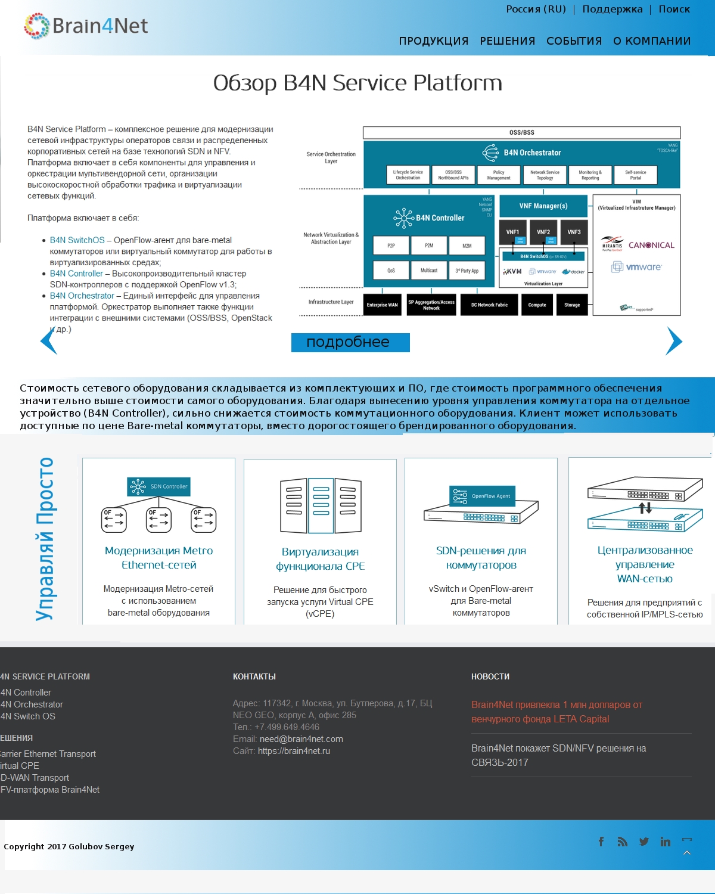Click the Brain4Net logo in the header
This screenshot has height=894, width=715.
point(86,26)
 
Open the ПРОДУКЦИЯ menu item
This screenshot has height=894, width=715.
point(433,41)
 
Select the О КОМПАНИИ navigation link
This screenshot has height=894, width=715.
point(652,41)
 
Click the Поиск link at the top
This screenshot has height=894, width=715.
point(674,10)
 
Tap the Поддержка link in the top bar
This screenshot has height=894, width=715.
point(612,10)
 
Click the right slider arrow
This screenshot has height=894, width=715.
point(674,341)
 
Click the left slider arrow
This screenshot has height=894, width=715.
point(48,341)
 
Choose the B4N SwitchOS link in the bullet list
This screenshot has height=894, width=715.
point(77,240)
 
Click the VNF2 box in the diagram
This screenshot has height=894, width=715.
point(543,232)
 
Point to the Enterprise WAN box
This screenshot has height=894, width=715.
point(382,305)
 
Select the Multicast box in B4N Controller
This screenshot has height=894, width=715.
point(429,271)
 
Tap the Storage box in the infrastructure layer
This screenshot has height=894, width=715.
point(572,305)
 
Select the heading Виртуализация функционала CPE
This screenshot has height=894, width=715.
point(320,559)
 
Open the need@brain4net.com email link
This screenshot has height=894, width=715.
point(301,739)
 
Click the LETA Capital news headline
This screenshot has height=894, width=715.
point(557,712)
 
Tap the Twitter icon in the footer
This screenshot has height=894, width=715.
point(644,842)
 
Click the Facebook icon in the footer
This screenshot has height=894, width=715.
point(601,842)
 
